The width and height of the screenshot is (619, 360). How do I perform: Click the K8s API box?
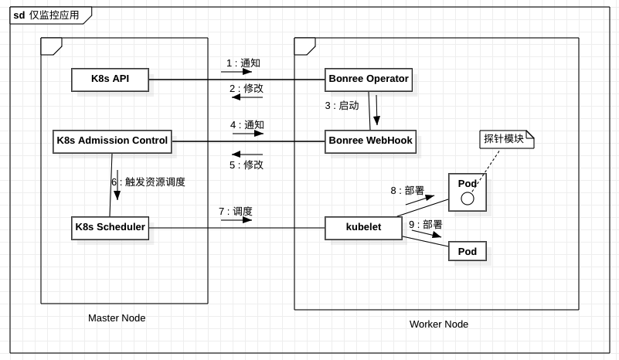click(x=110, y=80)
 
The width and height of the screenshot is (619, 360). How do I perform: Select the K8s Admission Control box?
click(x=112, y=141)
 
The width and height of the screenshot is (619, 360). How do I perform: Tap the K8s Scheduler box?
click(x=110, y=227)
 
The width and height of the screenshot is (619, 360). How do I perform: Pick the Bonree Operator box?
click(x=368, y=80)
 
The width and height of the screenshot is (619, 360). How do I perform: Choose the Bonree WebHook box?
click(x=370, y=141)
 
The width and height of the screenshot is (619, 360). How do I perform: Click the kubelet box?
click(x=363, y=227)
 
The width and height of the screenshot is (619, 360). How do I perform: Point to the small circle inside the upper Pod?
click(x=467, y=199)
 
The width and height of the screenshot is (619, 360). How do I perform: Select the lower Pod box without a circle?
click(x=467, y=251)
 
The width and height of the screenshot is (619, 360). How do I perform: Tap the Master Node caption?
click(x=117, y=318)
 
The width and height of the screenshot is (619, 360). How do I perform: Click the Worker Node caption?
click(x=438, y=324)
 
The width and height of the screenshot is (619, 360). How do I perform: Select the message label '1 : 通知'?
click(x=243, y=63)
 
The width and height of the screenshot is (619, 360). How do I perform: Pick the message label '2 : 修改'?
click(x=246, y=88)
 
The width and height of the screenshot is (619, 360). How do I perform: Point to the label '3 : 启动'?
click(x=342, y=106)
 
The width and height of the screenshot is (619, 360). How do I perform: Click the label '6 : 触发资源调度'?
click(x=148, y=182)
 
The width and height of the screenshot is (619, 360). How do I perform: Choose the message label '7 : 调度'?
click(x=235, y=211)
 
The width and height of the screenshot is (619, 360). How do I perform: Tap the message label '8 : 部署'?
click(x=406, y=190)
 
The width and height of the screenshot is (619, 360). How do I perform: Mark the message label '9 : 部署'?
click(x=425, y=224)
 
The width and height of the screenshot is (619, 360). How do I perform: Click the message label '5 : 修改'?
click(x=246, y=164)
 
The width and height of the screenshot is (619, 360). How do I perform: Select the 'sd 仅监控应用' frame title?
click(x=47, y=15)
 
